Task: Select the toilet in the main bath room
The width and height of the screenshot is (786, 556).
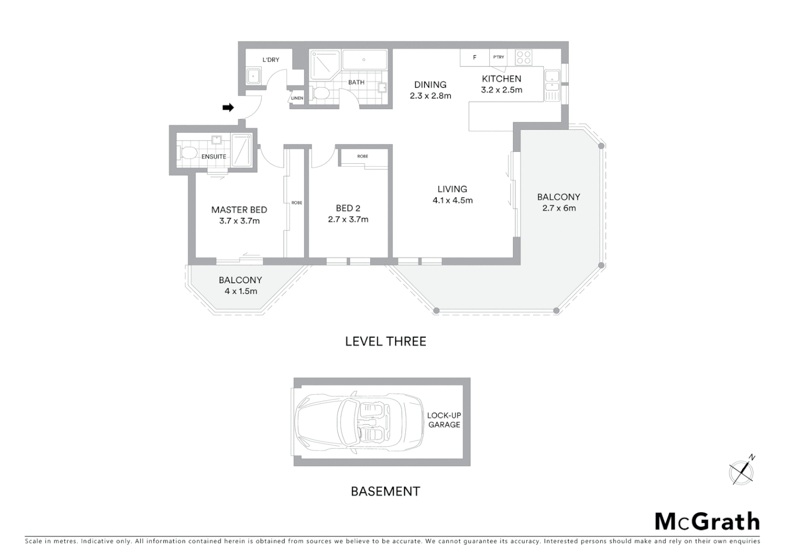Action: click(321, 93)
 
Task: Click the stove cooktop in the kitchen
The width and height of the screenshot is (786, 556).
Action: click(524, 58)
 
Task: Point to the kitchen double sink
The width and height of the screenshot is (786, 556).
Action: click(551, 86)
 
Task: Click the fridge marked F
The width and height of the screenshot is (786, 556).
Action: click(474, 58)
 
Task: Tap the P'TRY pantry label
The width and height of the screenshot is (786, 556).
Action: click(498, 57)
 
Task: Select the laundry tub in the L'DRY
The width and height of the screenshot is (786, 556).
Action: click(254, 76)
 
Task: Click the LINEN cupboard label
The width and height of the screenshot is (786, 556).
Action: click(297, 98)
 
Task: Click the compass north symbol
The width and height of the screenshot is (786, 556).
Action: click(742, 471)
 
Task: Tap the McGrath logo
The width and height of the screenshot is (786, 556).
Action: click(707, 522)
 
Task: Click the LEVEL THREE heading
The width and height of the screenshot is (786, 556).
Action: click(385, 341)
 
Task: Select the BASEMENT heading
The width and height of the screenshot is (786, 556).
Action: click(385, 492)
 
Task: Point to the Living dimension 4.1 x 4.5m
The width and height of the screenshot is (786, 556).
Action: click(452, 201)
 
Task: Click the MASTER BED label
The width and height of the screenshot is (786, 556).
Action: click(239, 210)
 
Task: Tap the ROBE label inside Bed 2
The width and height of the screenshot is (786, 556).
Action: click(363, 157)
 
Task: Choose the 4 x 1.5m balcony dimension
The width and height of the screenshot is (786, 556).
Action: click(240, 291)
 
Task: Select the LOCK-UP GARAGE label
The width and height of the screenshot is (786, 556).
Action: click(444, 420)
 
